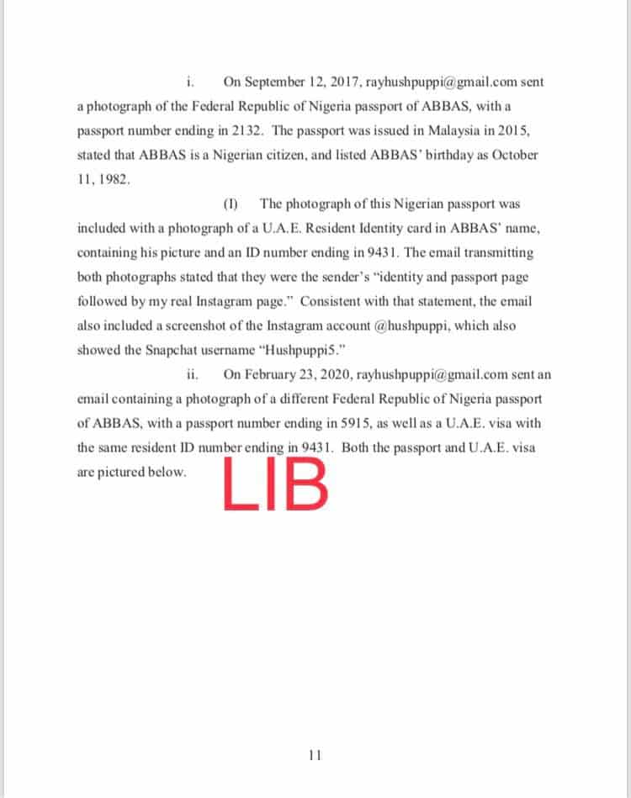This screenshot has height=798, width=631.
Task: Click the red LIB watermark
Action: (274, 485)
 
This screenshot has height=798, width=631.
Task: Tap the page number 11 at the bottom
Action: (315, 754)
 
